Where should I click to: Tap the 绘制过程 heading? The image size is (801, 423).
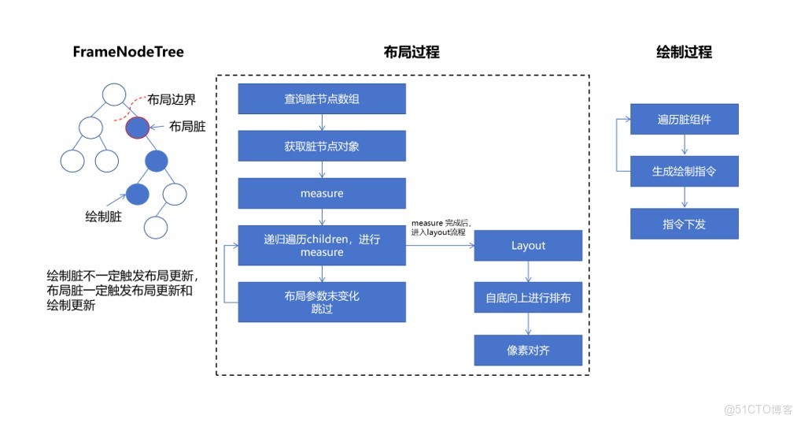[x=684, y=53]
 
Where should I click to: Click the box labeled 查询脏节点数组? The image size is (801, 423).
[x=322, y=99]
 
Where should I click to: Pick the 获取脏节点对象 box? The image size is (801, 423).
[x=322, y=146]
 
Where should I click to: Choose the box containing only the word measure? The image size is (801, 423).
[x=322, y=192]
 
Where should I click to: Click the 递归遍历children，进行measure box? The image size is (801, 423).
[x=322, y=245]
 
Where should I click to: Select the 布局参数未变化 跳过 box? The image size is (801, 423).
[x=322, y=302]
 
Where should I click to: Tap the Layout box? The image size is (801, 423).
[x=528, y=245]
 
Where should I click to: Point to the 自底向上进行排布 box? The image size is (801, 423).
[x=528, y=298]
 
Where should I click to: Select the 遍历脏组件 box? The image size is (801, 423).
[x=684, y=119]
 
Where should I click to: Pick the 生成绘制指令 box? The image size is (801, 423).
[x=684, y=171]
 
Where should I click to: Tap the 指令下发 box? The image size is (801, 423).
[x=684, y=224]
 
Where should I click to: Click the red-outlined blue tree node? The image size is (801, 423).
[x=138, y=126]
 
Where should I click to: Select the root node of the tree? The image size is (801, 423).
[x=115, y=94]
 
